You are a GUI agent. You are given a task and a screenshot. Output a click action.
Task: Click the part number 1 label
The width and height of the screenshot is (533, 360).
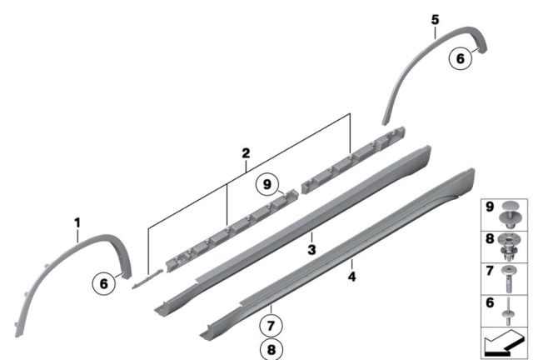pos(77,223)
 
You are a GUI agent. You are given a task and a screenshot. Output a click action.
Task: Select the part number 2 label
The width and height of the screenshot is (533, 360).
pos(246,153)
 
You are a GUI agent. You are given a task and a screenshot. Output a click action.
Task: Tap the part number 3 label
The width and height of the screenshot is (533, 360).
pos(311,250)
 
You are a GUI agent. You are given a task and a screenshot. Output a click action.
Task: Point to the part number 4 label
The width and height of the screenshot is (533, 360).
pos(351,277)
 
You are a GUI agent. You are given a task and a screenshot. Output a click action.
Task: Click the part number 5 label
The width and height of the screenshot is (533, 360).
pos(435,20)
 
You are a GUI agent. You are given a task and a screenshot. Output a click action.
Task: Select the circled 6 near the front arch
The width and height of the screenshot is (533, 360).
pos(104,283)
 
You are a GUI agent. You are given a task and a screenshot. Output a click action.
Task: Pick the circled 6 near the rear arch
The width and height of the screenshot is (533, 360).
pos(461,58)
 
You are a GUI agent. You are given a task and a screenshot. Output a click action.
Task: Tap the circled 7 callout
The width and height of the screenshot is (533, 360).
pos(271,326)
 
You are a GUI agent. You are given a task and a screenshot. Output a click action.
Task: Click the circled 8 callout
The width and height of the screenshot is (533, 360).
pos(271,349)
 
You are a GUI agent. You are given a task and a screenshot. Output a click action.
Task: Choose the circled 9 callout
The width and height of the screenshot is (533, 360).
pos(267,184)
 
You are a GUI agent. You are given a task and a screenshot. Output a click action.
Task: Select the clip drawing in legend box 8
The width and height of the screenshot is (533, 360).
pos(509,247)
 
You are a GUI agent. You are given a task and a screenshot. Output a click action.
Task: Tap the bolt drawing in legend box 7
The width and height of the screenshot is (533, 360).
pos(509,279)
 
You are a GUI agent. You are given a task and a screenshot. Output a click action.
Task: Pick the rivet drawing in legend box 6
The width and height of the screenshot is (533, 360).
pos(508,311)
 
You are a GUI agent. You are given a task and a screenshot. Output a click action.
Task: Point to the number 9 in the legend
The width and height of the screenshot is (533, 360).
pos(490,206)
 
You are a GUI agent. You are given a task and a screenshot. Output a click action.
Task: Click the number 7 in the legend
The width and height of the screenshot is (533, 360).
pos(490,271)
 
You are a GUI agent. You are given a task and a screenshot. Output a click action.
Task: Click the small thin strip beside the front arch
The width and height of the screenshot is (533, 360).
pos(147,279)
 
